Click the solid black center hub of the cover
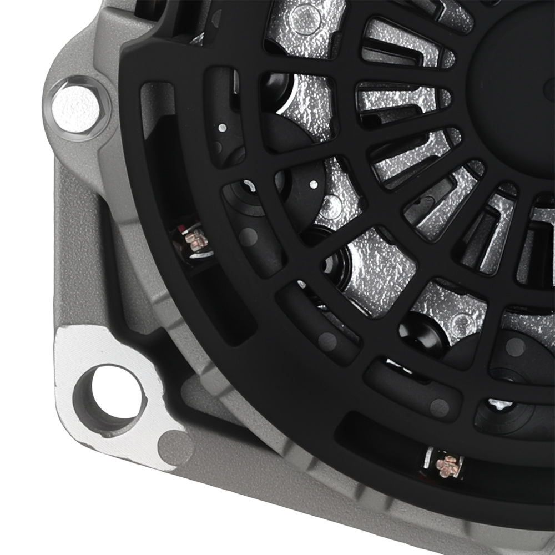point(516,78)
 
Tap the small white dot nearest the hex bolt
point(222,128)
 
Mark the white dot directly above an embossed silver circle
point(314,184)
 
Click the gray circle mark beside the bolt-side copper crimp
point(249,238)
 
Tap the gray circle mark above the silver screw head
point(515,347)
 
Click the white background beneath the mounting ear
point(33,500)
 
